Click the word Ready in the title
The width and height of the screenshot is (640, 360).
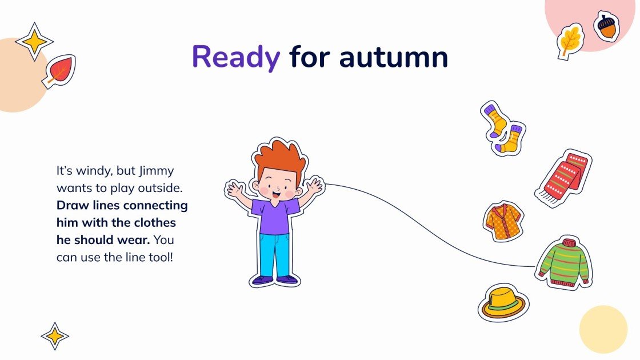[x=236, y=57]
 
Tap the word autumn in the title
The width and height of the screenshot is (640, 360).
[x=393, y=57]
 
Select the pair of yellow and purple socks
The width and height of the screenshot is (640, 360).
[x=502, y=128]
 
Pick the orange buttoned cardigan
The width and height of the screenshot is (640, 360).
[x=503, y=221]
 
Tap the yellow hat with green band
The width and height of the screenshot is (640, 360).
[x=503, y=303]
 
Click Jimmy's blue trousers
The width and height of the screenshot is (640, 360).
[x=275, y=254]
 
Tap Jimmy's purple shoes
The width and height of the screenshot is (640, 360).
[x=275, y=280]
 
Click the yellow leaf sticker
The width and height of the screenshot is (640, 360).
[x=570, y=41]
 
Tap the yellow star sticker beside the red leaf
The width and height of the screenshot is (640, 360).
[x=34, y=41]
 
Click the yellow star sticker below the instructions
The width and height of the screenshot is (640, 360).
[x=55, y=335]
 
